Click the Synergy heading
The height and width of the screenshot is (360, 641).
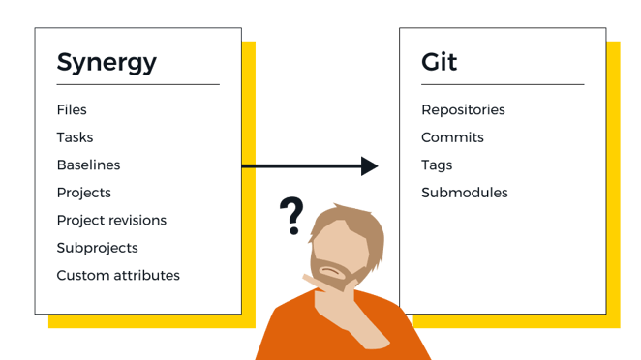pyautogui.click(x=107, y=63)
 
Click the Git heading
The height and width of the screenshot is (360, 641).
pyautogui.click(x=439, y=62)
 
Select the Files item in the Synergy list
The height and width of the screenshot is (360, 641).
pyautogui.click(x=72, y=110)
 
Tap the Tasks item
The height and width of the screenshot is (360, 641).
pyautogui.click(x=75, y=137)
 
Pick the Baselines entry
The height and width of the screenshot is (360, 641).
pyautogui.click(x=88, y=165)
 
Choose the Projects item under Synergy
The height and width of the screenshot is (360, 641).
pyautogui.click(x=83, y=193)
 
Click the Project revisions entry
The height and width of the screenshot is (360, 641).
pyautogui.click(x=111, y=220)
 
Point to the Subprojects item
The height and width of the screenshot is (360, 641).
pyautogui.click(x=97, y=248)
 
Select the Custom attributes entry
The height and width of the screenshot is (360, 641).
pyautogui.click(x=118, y=275)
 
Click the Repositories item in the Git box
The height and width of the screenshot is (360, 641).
pyautogui.click(x=463, y=110)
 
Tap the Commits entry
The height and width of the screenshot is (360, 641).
pyautogui.click(x=452, y=137)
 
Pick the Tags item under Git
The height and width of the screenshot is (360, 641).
pyautogui.click(x=437, y=165)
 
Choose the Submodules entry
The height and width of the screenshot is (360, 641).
pyautogui.click(x=465, y=193)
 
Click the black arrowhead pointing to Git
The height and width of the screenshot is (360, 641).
pyautogui.click(x=369, y=166)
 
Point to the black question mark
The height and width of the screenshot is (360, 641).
pyautogui.click(x=290, y=214)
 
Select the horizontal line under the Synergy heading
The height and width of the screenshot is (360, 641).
pyautogui.click(x=137, y=85)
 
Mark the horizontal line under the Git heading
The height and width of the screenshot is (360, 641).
pyautogui.click(x=503, y=85)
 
